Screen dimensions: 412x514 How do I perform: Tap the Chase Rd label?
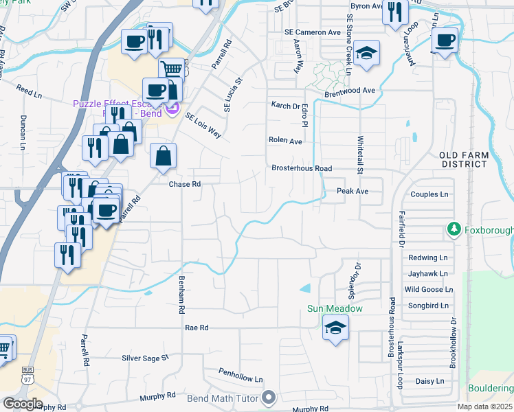[x=185, y=184]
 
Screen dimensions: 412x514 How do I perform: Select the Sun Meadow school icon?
[x=335, y=328]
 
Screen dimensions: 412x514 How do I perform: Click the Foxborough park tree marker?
[x=454, y=228]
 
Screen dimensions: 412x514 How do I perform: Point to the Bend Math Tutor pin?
[x=269, y=398]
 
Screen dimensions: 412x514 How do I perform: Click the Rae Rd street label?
[x=197, y=328]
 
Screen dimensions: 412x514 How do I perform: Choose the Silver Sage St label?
[x=145, y=358]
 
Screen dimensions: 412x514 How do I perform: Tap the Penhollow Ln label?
[x=241, y=379]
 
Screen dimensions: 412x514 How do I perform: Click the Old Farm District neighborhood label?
[x=464, y=159]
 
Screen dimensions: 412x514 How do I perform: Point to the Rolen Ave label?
[x=285, y=140]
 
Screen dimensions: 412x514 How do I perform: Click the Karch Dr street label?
[x=285, y=106]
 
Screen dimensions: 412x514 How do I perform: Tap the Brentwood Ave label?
[x=350, y=90]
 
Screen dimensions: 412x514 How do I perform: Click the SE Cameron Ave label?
[x=313, y=32]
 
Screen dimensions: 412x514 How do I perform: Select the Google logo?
[x=23, y=404]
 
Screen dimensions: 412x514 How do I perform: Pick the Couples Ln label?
[x=429, y=194]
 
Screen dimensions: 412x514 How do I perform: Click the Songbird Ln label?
[x=426, y=306]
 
